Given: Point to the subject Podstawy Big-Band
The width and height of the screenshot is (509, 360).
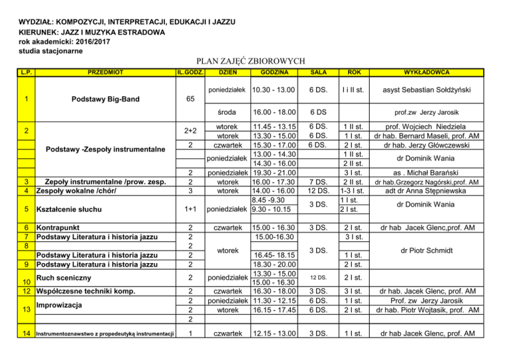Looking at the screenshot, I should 105,100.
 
